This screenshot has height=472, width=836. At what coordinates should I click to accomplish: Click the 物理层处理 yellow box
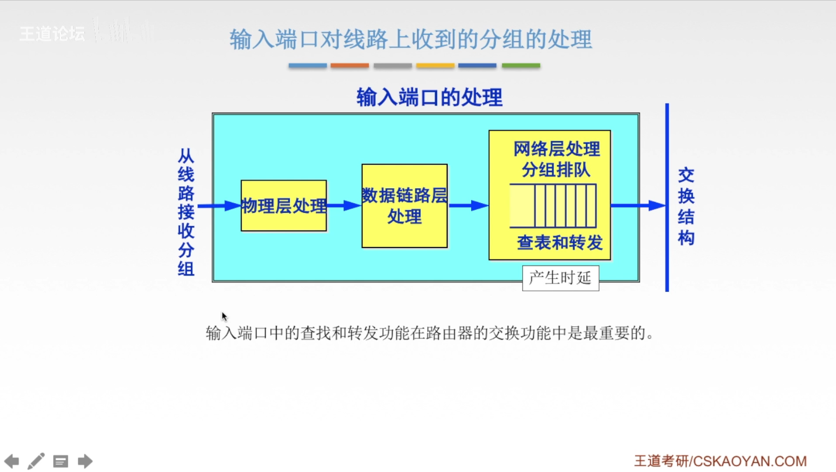point(283,205)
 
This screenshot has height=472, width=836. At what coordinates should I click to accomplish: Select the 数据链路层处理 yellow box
point(404,206)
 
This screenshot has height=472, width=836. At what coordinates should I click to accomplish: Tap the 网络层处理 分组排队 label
point(556,159)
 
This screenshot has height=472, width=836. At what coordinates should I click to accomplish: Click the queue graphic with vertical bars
point(553,206)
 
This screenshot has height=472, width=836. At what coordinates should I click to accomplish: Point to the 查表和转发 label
point(560,243)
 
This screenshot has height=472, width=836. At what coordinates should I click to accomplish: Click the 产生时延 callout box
point(560,278)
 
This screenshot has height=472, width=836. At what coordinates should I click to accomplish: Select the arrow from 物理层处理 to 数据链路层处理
point(344,205)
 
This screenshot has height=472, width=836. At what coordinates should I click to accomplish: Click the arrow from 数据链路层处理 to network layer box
point(468,205)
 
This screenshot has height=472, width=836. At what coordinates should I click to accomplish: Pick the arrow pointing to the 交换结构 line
point(638,205)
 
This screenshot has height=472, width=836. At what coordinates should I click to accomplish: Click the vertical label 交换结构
point(686,206)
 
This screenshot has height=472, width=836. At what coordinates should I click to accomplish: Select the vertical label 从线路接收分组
point(185,212)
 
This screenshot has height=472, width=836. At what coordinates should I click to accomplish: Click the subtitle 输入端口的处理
point(429,97)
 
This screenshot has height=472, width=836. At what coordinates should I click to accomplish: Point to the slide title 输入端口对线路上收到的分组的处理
point(410,39)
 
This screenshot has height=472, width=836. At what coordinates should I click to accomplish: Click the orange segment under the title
point(350,66)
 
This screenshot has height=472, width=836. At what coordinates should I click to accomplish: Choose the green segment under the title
point(520,66)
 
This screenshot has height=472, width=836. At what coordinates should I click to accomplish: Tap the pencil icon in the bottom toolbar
point(36,461)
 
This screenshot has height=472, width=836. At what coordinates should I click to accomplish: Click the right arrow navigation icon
point(85,461)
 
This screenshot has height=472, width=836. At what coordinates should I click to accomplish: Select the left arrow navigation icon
point(12,461)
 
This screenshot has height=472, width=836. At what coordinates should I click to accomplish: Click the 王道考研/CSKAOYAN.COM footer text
point(720,461)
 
